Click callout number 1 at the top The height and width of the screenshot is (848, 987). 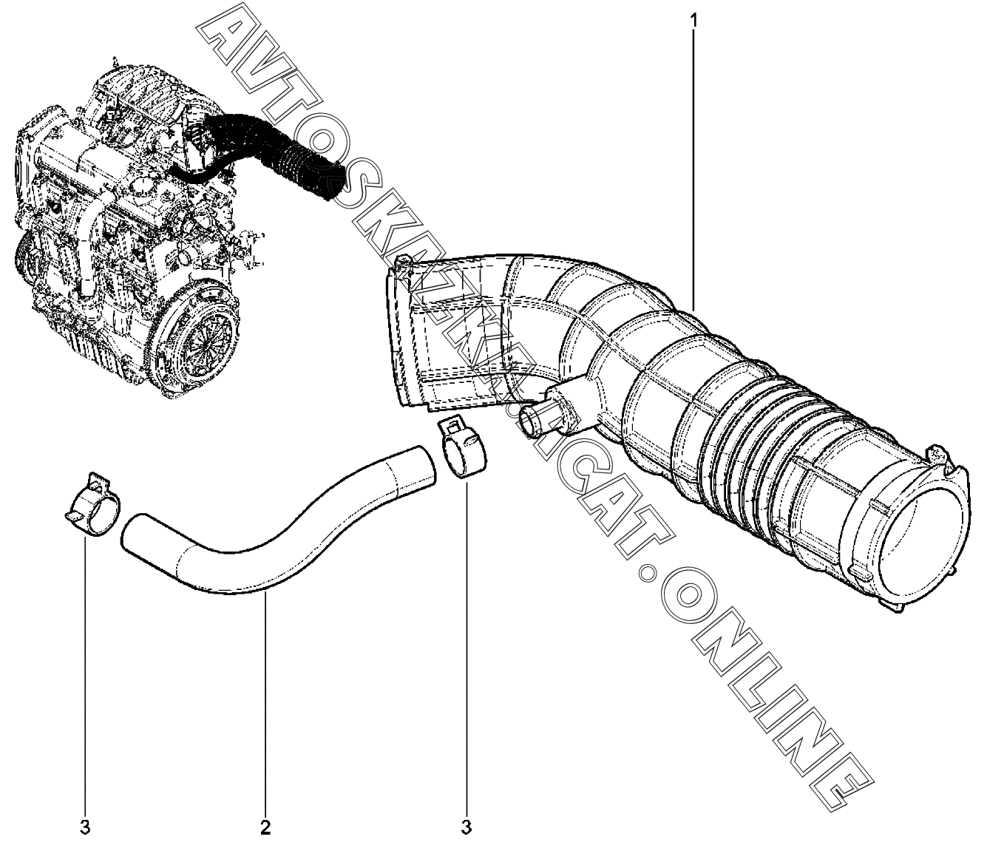693,21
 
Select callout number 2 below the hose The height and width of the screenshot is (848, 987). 265,826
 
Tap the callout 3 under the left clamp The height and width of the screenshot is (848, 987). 85,826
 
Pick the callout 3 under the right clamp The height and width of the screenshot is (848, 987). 467,826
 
